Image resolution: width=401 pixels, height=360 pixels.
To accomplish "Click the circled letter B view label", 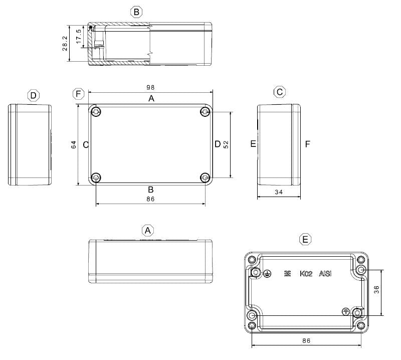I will pos(136,12).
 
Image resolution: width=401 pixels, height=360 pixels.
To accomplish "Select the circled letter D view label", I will pos(33,95).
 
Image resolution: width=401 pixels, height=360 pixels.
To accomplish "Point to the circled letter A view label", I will pos(147,230).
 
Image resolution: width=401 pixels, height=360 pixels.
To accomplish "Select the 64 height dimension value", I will pos(74,144).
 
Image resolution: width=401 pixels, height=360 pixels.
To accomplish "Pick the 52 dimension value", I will pos(226,144).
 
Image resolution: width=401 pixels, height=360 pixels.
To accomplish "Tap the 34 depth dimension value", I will pos(279,193).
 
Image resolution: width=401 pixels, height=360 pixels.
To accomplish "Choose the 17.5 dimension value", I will pos(78,37).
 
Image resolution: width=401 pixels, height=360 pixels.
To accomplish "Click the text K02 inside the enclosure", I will pos(306,274).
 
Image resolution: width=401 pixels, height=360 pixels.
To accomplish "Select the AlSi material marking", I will pos(325,274).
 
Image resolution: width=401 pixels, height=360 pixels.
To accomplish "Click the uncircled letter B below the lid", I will pos(150,189).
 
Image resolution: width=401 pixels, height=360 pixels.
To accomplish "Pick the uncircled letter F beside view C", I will pos(307,144).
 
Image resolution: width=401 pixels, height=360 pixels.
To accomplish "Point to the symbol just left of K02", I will pos(287,274).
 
